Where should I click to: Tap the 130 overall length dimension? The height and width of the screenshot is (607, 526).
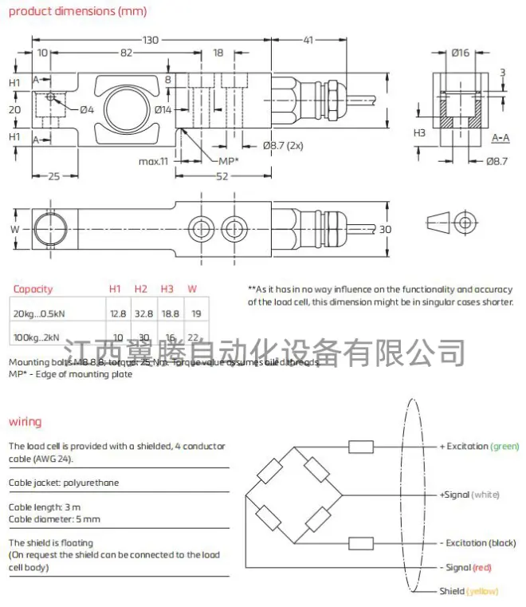click(150, 39)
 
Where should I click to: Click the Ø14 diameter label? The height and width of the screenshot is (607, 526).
click(163, 109)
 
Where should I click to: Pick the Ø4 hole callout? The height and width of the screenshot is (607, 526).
click(87, 109)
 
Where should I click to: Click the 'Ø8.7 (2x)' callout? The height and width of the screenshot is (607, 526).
click(283, 145)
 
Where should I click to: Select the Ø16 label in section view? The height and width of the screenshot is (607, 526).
click(459, 53)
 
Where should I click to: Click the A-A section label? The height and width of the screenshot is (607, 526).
click(500, 138)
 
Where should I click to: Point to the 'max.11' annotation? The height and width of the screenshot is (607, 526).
click(154, 161)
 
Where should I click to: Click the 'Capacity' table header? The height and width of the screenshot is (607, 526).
click(33, 289)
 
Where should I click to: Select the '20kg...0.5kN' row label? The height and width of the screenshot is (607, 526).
click(39, 314)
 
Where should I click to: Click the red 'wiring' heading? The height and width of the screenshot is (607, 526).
click(25, 421)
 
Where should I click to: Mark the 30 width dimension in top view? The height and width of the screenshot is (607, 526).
click(386, 230)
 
